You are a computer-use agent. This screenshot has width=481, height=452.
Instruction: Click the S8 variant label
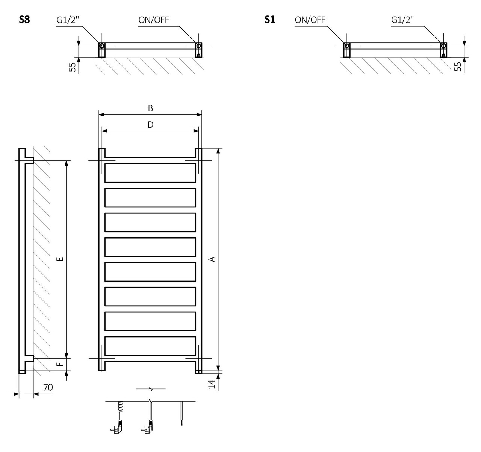point(24,20)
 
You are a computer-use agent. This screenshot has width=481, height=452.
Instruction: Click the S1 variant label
point(270,20)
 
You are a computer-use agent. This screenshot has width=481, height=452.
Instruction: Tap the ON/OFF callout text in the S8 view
point(154,20)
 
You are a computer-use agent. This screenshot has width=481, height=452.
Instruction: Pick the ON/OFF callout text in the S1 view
point(310,20)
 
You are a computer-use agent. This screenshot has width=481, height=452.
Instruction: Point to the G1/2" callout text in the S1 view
point(402,20)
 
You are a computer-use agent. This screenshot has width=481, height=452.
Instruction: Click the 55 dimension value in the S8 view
point(73,67)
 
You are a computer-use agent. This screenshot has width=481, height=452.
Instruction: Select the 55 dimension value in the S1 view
point(458,67)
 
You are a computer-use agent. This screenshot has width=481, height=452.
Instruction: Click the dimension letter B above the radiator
point(150,108)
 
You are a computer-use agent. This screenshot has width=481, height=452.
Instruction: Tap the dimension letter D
point(150,125)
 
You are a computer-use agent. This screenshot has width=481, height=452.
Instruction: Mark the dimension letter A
point(212,259)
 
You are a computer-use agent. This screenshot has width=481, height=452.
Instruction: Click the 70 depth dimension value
point(48,387)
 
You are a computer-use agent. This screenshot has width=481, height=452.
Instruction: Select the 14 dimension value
point(212,384)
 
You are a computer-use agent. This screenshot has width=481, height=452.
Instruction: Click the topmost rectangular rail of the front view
point(150,173)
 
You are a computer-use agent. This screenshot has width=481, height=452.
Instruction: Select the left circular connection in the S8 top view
point(102,46)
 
